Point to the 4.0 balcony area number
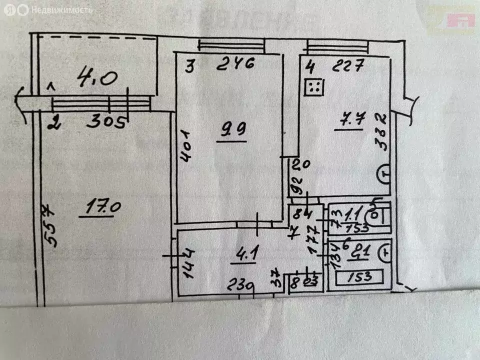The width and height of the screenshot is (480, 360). point(98,78)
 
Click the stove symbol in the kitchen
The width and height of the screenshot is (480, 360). point(314,87)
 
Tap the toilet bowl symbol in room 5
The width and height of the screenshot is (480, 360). point(374,217)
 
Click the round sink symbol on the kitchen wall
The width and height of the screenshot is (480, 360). point(383,174)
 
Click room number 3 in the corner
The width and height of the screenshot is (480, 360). point(189,66)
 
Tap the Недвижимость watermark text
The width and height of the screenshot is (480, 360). point(61,9)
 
